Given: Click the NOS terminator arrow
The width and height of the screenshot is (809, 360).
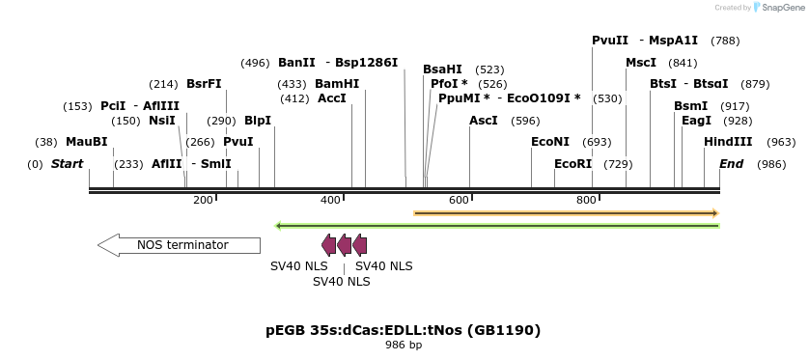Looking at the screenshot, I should [x=179, y=245].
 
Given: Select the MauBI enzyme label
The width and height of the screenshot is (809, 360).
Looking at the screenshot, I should [x=86, y=142].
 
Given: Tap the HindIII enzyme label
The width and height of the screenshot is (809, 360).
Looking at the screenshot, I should [x=728, y=142].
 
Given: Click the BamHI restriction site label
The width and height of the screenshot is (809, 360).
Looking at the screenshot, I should [x=337, y=84].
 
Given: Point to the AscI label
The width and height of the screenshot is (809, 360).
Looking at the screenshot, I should [x=483, y=121].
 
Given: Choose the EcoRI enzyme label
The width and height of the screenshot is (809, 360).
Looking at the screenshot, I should [x=572, y=164].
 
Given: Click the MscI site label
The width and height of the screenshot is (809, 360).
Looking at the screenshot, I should [x=641, y=63].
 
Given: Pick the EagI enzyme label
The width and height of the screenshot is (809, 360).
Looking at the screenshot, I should [x=696, y=121].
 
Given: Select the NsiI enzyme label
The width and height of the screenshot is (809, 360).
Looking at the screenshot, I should [x=162, y=121].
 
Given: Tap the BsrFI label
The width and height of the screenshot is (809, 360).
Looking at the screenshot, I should [x=204, y=84].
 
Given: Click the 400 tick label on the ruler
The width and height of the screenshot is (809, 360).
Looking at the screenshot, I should [x=330, y=200].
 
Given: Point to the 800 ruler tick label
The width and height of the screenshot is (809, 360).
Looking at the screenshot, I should [x=586, y=200].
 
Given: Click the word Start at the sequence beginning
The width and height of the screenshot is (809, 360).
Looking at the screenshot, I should [x=67, y=164].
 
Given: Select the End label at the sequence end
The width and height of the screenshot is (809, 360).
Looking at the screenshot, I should [x=731, y=164].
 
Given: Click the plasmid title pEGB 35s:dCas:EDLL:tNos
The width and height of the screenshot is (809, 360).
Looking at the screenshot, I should [x=403, y=330].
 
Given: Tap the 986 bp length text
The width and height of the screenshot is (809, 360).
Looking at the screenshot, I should [x=404, y=345].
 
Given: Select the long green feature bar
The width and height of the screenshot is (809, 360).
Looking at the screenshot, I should [x=497, y=226].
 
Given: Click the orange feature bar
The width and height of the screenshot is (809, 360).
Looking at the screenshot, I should [x=566, y=212].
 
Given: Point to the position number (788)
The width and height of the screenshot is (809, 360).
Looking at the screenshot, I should [x=724, y=41].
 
